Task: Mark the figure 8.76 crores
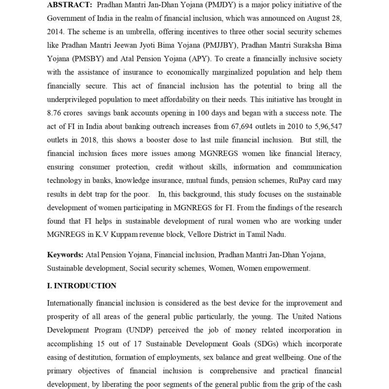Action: coord(67,113)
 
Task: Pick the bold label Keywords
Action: coord(65,254)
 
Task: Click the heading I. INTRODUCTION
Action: coord(82,286)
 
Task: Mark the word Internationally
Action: coord(71,303)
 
